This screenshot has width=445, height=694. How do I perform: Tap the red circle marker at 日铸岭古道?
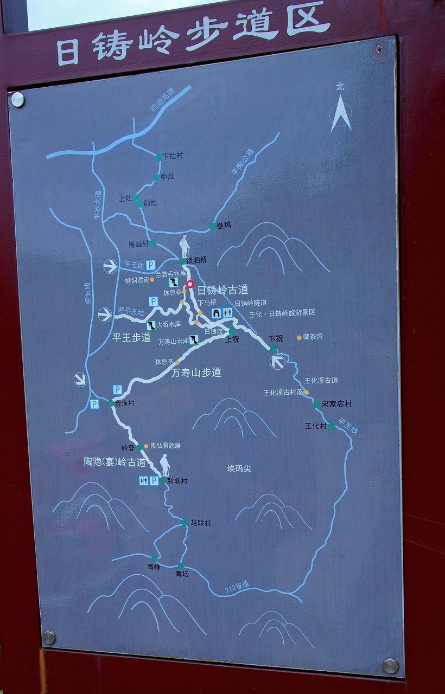[190, 284]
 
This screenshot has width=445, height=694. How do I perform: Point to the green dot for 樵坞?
[212, 226]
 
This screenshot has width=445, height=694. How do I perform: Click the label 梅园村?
[138, 244]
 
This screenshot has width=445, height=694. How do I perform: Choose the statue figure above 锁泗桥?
[185, 247]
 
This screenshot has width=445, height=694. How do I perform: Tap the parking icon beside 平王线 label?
[150, 265]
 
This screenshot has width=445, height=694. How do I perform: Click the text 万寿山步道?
[196, 373]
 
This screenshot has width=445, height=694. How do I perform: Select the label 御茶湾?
[313, 337]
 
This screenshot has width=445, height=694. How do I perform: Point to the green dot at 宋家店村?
[317, 404]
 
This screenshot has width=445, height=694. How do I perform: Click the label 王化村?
[315, 426]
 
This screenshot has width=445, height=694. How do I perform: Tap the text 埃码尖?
[239, 468]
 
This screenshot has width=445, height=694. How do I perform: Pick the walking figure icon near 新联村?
[164, 465]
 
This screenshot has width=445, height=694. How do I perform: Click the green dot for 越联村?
[185, 523]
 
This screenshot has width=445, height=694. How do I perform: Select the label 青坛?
[182, 574]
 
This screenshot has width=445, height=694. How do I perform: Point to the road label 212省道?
[237, 587]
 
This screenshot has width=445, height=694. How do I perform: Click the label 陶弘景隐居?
[166, 446]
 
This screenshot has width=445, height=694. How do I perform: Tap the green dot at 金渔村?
[111, 403]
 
